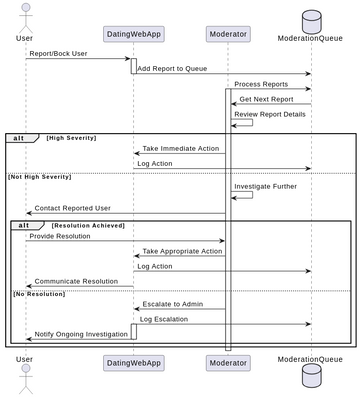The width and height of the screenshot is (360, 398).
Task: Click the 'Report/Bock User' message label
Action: pos(57,53)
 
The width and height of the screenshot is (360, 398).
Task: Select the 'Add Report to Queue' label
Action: pos(172,68)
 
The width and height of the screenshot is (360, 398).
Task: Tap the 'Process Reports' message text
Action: pos(261,84)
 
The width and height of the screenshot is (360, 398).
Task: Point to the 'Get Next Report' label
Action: pos(266,99)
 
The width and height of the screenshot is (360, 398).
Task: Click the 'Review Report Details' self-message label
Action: pos(270,114)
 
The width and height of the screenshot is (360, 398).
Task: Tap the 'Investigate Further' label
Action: pos(267,186)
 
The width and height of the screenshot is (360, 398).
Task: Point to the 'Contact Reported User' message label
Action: pos(75,208)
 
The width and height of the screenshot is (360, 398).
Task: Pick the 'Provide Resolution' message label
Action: pos(60,236)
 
